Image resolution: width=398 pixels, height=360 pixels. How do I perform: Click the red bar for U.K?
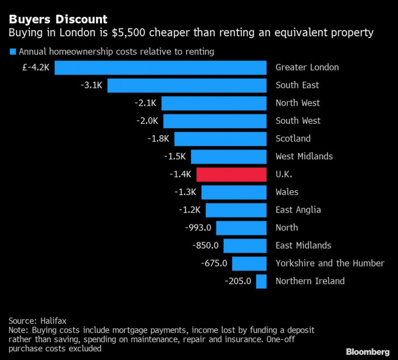pyautogui.click(x=231, y=174)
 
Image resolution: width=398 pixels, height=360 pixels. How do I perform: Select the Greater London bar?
pyautogui.click(x=160, y=68)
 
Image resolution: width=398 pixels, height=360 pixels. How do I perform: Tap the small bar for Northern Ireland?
pyautogui.click(x=261, y=281)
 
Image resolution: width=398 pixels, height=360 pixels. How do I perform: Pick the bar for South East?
pyautogui.click(x=187, y=86)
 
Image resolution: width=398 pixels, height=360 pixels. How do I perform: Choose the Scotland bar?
pyautogui.click(x=220, y=139)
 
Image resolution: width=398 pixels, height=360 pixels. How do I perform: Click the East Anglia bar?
pyautogui.click(x=236, y=210)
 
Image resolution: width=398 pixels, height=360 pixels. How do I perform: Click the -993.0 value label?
pyautogui.click(x=197, y=228)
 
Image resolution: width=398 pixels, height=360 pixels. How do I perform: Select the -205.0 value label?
pyautogui.click(x=238, y=281)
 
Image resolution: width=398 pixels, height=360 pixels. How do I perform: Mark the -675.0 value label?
pyautogui.click(x=214, y=263)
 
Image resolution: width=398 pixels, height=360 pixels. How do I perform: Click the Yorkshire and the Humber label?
pyautogui.click(x=330, y=263)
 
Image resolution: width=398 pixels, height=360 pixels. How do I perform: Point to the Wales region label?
pyautogui.click(x=287, y=192)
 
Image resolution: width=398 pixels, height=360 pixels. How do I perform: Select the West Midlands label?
pyautogui.click(x=304, y=157)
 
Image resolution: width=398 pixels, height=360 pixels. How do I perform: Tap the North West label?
pyautogui.click(x=297, y=103)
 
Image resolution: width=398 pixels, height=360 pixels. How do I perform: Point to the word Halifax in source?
pyautogui.click(x=56, y=320)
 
